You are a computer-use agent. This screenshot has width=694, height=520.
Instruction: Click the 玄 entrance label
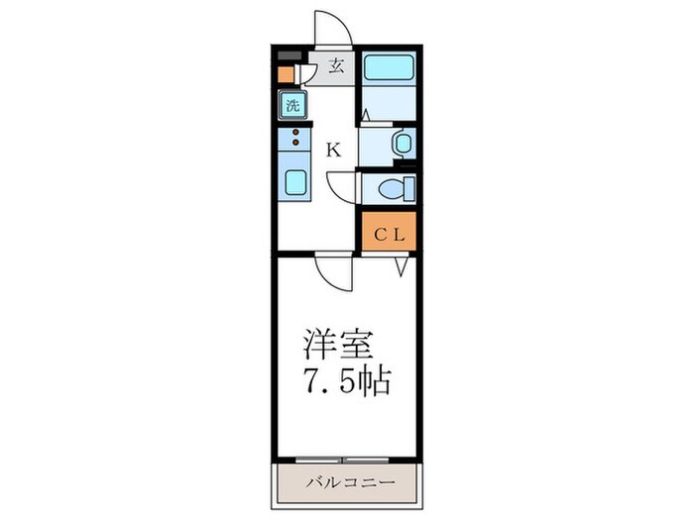[x=336, y=68]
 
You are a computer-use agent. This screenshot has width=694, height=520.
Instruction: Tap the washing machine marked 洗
[x=292, y=105]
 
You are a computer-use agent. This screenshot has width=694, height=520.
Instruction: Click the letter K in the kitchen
[x=334, y=151]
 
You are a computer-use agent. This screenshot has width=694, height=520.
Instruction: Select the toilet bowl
[x=398, y=188]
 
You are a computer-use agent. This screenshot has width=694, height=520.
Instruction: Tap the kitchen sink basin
[x=295, y=182]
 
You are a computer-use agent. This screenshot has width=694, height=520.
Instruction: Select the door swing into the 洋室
[x=335, y=272]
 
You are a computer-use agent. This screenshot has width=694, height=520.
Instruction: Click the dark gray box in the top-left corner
[x=288, y=55]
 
